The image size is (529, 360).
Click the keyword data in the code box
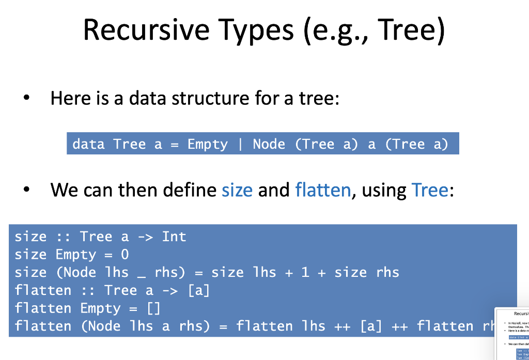(x=88, y=144)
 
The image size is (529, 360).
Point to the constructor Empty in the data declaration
(x=207, y=144)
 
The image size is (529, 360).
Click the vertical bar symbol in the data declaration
(x=240, y=144)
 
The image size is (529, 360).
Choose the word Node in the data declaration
(x=269, y=144)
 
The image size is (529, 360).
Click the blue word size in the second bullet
(x=237, y=191)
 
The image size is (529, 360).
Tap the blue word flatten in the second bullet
(x=323, y=191)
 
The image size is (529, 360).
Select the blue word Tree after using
(x=430, y=191)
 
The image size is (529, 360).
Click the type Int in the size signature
(x=174, y=237)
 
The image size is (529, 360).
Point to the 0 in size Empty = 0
(x=125, y=255)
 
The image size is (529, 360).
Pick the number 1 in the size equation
(x=305, y=272)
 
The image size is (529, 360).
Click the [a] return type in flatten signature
(x=198, y=290)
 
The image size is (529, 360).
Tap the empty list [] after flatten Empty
(x=153, y=308)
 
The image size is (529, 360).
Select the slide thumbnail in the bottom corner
(x=511, y=333)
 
